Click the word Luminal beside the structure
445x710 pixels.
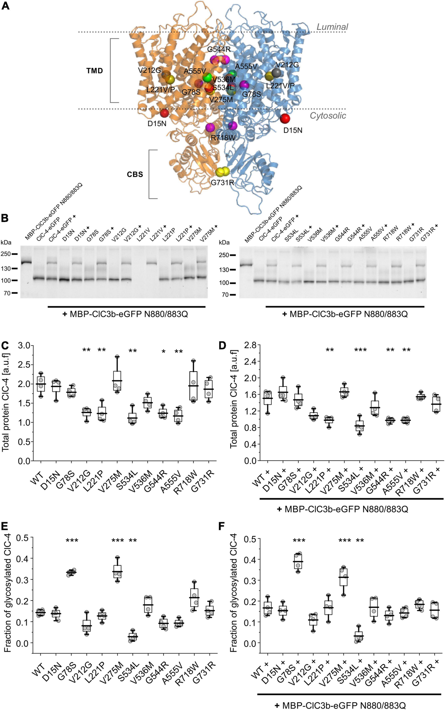[332, 27]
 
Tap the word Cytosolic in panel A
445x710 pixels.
[328, 115]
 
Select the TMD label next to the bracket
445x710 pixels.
[95, 71]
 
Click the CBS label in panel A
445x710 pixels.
[135, 174]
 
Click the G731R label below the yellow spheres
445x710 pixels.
[222, 183]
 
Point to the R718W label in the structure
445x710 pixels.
[223, 138]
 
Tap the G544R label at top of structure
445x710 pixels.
[219, 49]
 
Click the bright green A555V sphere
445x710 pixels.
[207, 78]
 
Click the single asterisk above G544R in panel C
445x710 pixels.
[164, 351]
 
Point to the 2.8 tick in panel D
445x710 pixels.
[250, 345]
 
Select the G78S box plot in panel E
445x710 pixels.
[71, 572]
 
